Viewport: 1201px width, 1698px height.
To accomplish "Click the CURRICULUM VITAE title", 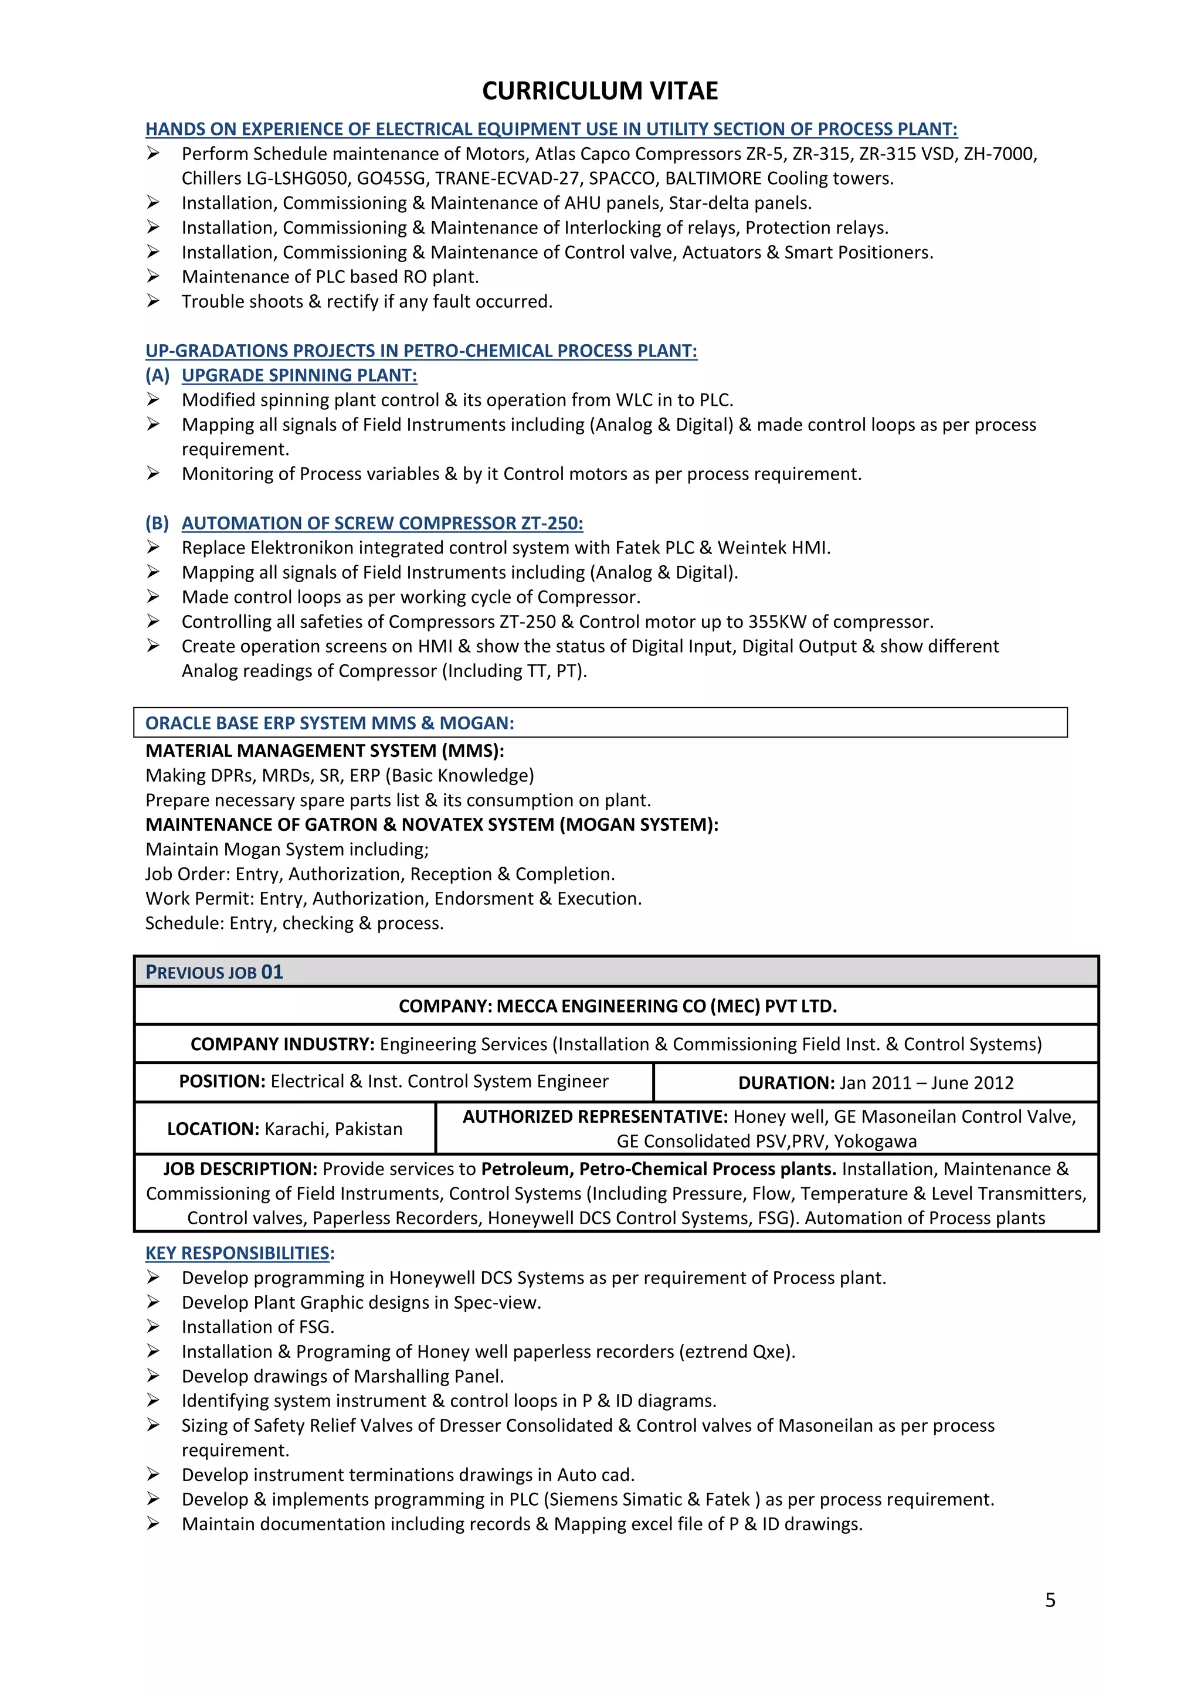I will [x=600, y=91].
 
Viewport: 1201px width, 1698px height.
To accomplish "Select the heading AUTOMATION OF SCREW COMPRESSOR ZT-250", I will [x=382, y=523].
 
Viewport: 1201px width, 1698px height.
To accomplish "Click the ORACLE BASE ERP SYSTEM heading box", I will [x=600, y=722].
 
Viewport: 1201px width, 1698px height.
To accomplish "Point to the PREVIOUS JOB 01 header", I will [x=215, y=972].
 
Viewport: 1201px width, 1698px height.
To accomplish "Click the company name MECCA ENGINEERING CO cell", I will [x=617, y=1006].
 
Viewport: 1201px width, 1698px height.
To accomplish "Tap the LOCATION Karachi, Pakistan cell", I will [x=285, y=1129].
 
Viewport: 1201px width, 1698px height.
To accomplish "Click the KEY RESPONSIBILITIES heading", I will [x=240, y=1253].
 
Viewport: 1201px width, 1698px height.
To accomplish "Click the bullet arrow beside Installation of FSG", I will [x=153, y=1326].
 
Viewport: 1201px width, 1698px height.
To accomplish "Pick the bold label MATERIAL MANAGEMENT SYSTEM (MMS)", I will [x=325, y=750].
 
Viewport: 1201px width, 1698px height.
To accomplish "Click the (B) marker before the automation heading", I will [x=157, y=523].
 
